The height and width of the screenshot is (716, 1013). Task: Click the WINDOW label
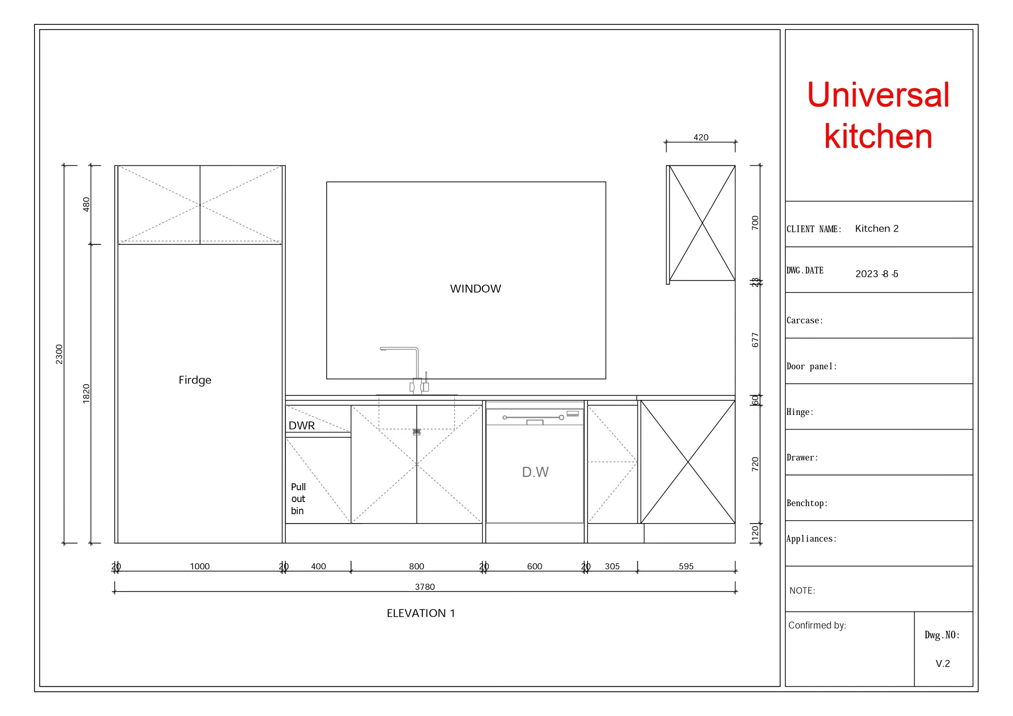(x=475, y=289)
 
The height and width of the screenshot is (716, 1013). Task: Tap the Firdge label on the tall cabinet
(x=194, y=380)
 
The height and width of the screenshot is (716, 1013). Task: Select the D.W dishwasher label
(x=535, y=472)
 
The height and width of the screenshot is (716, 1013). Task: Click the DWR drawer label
(x=301, y=426)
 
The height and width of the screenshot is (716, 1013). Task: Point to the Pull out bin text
(x=298, y=498)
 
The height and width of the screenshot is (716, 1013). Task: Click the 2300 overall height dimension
(x=59, y=354)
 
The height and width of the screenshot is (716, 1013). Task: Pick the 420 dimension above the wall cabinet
(x=701, y=137)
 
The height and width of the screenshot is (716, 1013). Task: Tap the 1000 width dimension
(x=199, y=566)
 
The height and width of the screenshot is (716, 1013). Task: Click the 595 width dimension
(x=686, y=566)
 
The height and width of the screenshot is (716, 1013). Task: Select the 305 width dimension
(x=612, y=566)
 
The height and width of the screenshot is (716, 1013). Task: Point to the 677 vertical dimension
(x=755, y=340)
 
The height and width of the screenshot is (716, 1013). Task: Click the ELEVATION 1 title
(x=421, y=613)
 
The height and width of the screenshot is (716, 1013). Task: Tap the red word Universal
(x=878, y=95)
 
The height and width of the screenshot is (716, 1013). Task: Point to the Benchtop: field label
(x=807, y=503)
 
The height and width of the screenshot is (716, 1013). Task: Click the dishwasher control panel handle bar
(x=533, y=417)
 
